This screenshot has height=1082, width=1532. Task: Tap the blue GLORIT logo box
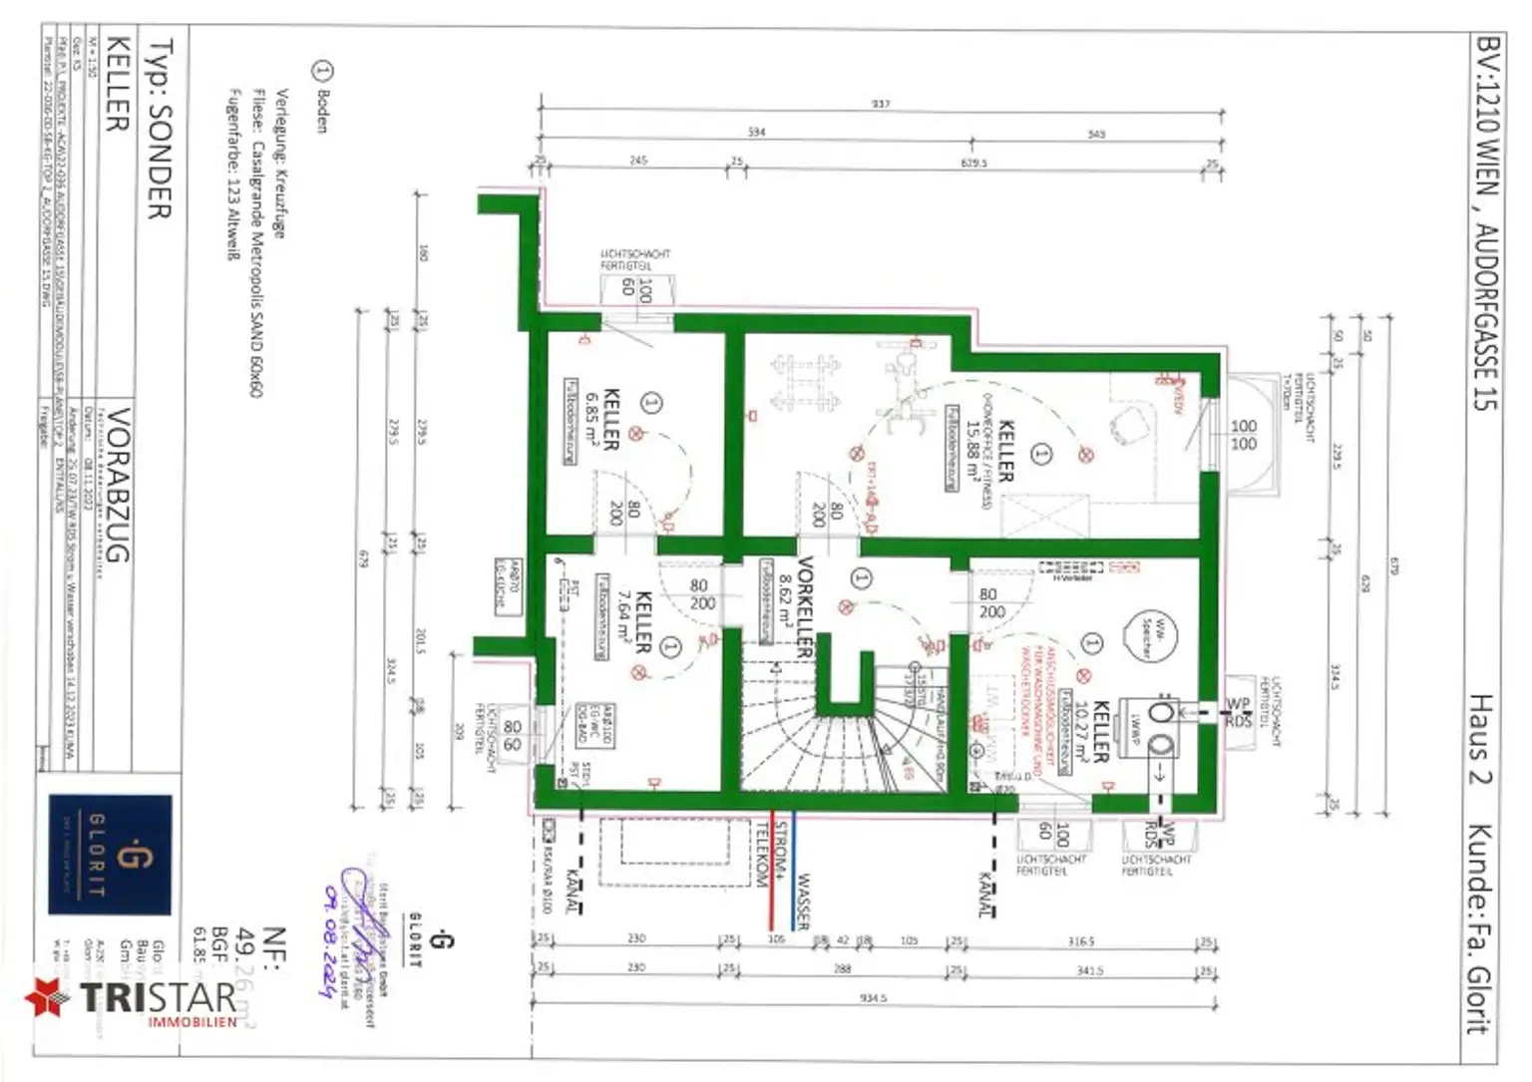click(111, 855)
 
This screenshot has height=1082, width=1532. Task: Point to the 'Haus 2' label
click(1479, 739)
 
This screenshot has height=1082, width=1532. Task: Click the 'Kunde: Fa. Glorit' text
click(1479, 927)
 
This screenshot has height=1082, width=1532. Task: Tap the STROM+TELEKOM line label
click(773, 855)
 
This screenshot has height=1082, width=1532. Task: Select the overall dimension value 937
click(880, 104)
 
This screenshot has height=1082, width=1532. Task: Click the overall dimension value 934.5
click(873, 997)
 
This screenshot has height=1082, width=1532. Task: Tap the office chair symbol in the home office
click(1128, 426)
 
